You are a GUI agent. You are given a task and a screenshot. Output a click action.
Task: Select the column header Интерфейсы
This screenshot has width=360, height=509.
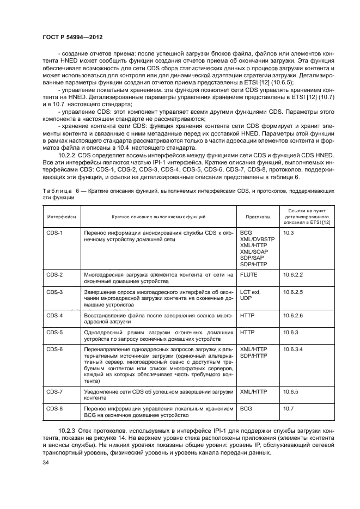[61, 217]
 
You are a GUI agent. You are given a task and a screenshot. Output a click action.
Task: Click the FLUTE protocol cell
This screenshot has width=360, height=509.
[249, 275]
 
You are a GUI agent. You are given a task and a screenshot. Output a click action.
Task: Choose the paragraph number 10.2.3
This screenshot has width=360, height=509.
[69, 430]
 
